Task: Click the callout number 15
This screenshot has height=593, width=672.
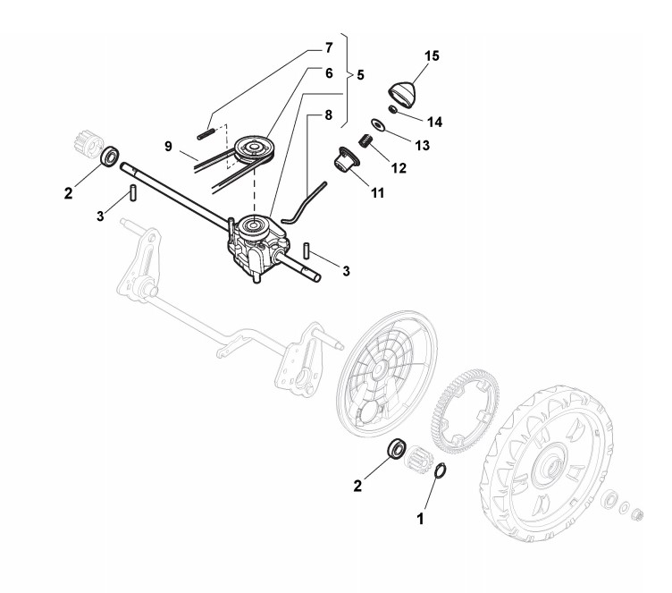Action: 432,56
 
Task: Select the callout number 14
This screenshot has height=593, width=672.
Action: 434,121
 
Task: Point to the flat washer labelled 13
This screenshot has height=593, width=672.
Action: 381,126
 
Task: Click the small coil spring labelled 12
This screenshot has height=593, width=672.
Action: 365,140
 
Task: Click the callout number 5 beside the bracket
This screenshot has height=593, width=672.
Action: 359,76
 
